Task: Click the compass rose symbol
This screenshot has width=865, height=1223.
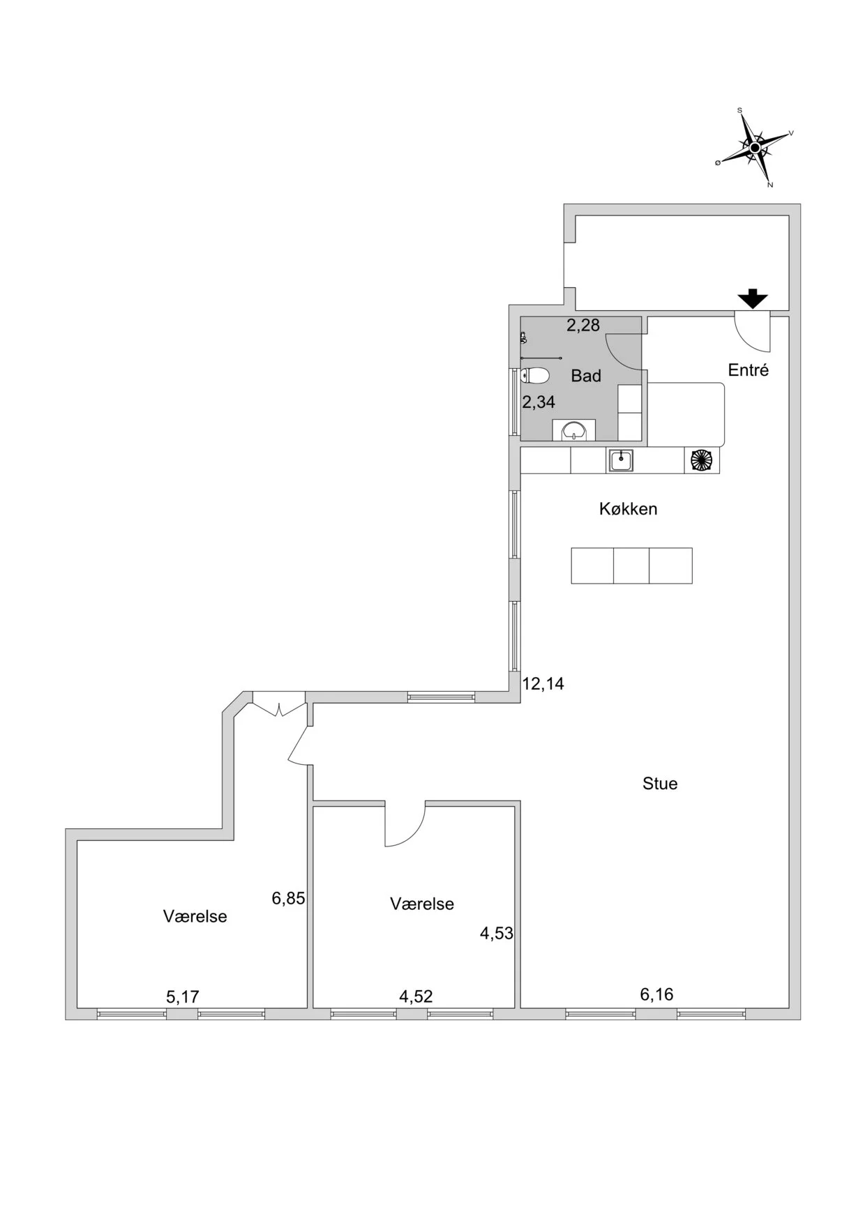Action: (x=754, y=148)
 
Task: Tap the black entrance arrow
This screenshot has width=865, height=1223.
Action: (x=753, y=298)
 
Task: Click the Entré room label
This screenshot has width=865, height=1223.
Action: (x=749, y=370)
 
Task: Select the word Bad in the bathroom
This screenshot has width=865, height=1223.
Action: (x=586, y=376)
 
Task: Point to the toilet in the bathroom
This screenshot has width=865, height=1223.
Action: (x=535, y=377)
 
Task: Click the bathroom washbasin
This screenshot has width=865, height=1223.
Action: (x=574, y=430)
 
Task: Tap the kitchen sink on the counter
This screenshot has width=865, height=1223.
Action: (x=621, y=460)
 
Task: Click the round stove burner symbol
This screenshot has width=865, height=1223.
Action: (x=701, y=460)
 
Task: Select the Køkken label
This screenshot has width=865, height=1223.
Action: (x=629, y=509)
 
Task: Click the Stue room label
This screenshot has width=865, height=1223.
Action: (x=660, y=784)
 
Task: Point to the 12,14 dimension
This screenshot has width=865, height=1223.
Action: (x=543, y=684)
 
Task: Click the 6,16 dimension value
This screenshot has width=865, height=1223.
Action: (x=657, y=994)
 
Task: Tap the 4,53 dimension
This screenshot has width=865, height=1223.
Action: (x=497, y=933)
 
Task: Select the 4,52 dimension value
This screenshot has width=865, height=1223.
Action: (x=416, y=996)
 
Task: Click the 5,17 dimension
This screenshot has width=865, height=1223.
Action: (x=183, y=997)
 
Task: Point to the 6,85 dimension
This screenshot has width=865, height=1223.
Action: (x=289, y=898)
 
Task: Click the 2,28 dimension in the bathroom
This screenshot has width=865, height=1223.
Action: (x=583, y=325)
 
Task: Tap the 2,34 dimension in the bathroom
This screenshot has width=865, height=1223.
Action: (x=539, y=402)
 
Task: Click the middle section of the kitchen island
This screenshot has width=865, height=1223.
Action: (x=631, y=565)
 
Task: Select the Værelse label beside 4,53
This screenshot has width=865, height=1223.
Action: (x=422, y=904)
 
